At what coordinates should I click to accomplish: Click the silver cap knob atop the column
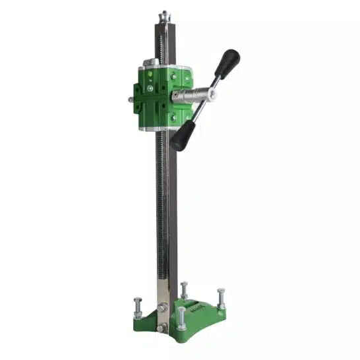tap(163, 15)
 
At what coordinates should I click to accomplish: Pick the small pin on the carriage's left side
tap(131, 100)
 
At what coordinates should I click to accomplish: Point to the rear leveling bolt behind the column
tap(183, 289)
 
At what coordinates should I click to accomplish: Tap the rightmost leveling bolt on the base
tap(221, 297)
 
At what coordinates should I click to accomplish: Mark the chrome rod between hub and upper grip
tap(215, 82)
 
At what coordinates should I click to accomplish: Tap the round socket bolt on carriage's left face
tap(150, 86)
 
